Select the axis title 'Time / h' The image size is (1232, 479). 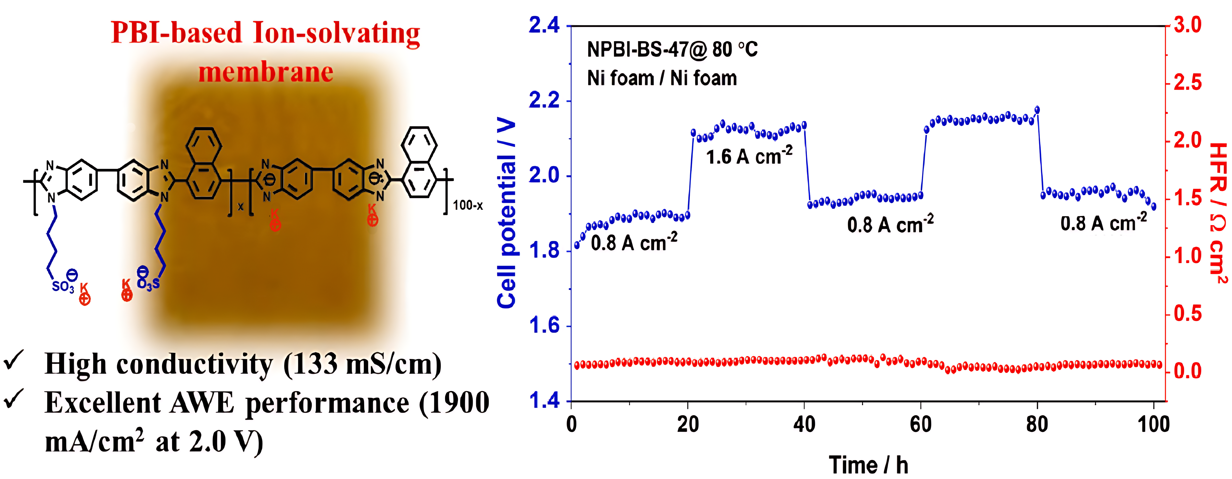pos(868,465)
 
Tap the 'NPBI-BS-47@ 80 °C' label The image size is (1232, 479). pos(672,49)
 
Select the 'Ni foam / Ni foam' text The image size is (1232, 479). pos(662,78)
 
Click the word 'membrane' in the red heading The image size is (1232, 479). pos(266,73)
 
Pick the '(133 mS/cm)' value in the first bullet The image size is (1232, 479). pos(362,364)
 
